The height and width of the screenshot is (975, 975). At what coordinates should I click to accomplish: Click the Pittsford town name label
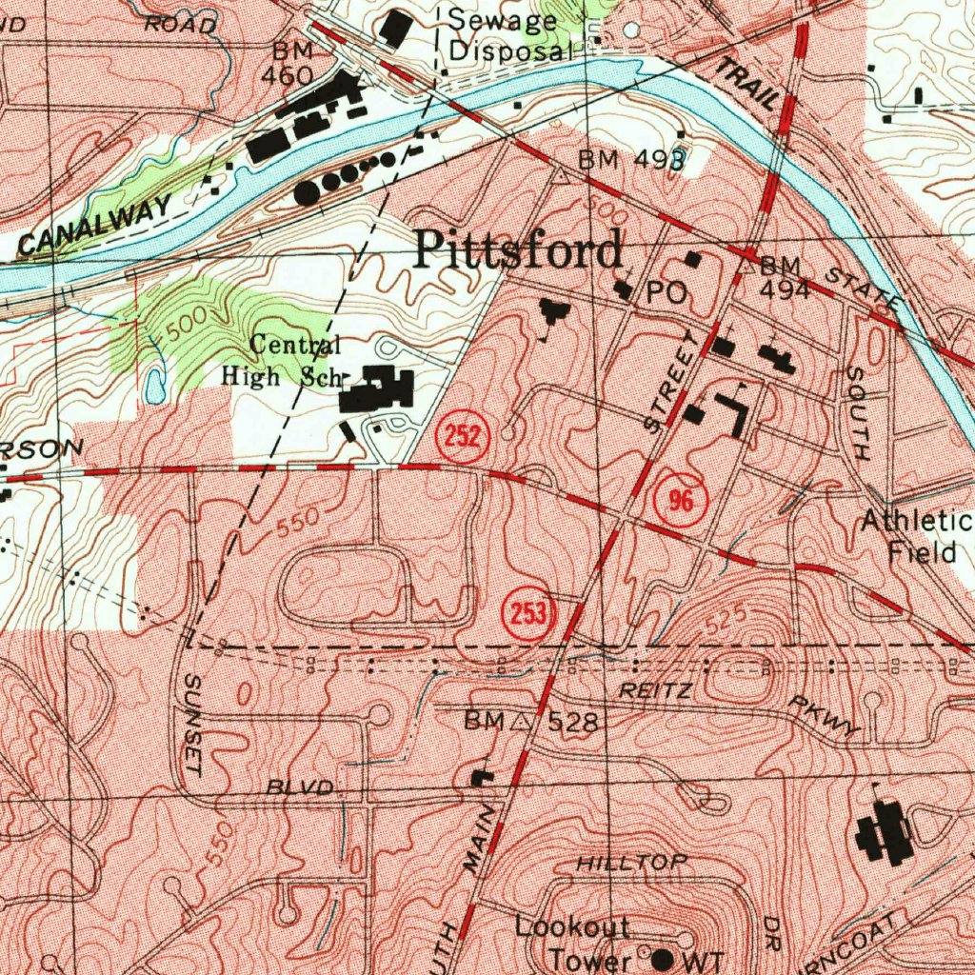[519, 251]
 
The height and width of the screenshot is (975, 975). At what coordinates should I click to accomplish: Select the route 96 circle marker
[681, 501]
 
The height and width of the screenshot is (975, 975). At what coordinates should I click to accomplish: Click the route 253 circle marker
[528, 614]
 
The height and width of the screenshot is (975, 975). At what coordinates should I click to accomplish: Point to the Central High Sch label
[282, 361]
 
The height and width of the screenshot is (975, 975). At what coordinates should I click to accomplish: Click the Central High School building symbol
[379, 390]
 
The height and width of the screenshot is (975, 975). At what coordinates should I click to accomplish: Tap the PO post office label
[667, 294]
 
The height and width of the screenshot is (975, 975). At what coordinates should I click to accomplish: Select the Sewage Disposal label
[510, 34]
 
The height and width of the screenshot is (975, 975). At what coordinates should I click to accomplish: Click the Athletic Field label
[916, 536]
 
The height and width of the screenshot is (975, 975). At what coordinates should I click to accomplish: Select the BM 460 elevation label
[291, 63]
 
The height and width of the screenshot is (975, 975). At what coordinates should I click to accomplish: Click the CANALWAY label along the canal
[95, 225]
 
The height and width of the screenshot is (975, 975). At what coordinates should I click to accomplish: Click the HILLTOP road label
[631, 863]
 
